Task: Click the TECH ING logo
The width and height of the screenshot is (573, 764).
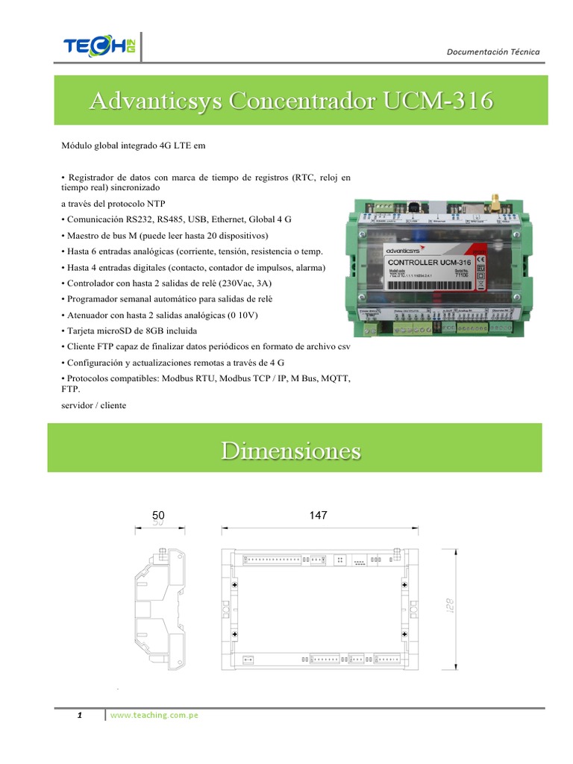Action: [97, 47]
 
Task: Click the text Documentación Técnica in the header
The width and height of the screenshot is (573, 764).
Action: [492, 51]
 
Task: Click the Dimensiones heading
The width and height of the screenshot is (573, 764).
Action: [291, 451]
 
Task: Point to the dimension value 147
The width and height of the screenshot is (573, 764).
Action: [317, 516]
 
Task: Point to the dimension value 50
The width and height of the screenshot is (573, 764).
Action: [158, 516]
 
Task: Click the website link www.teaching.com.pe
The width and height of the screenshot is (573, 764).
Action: [154, 716]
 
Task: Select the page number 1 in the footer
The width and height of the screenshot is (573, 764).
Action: [79, 716]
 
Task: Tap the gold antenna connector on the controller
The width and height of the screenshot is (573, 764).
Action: [494, 200]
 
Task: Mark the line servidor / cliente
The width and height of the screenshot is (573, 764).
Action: [93, 405]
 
